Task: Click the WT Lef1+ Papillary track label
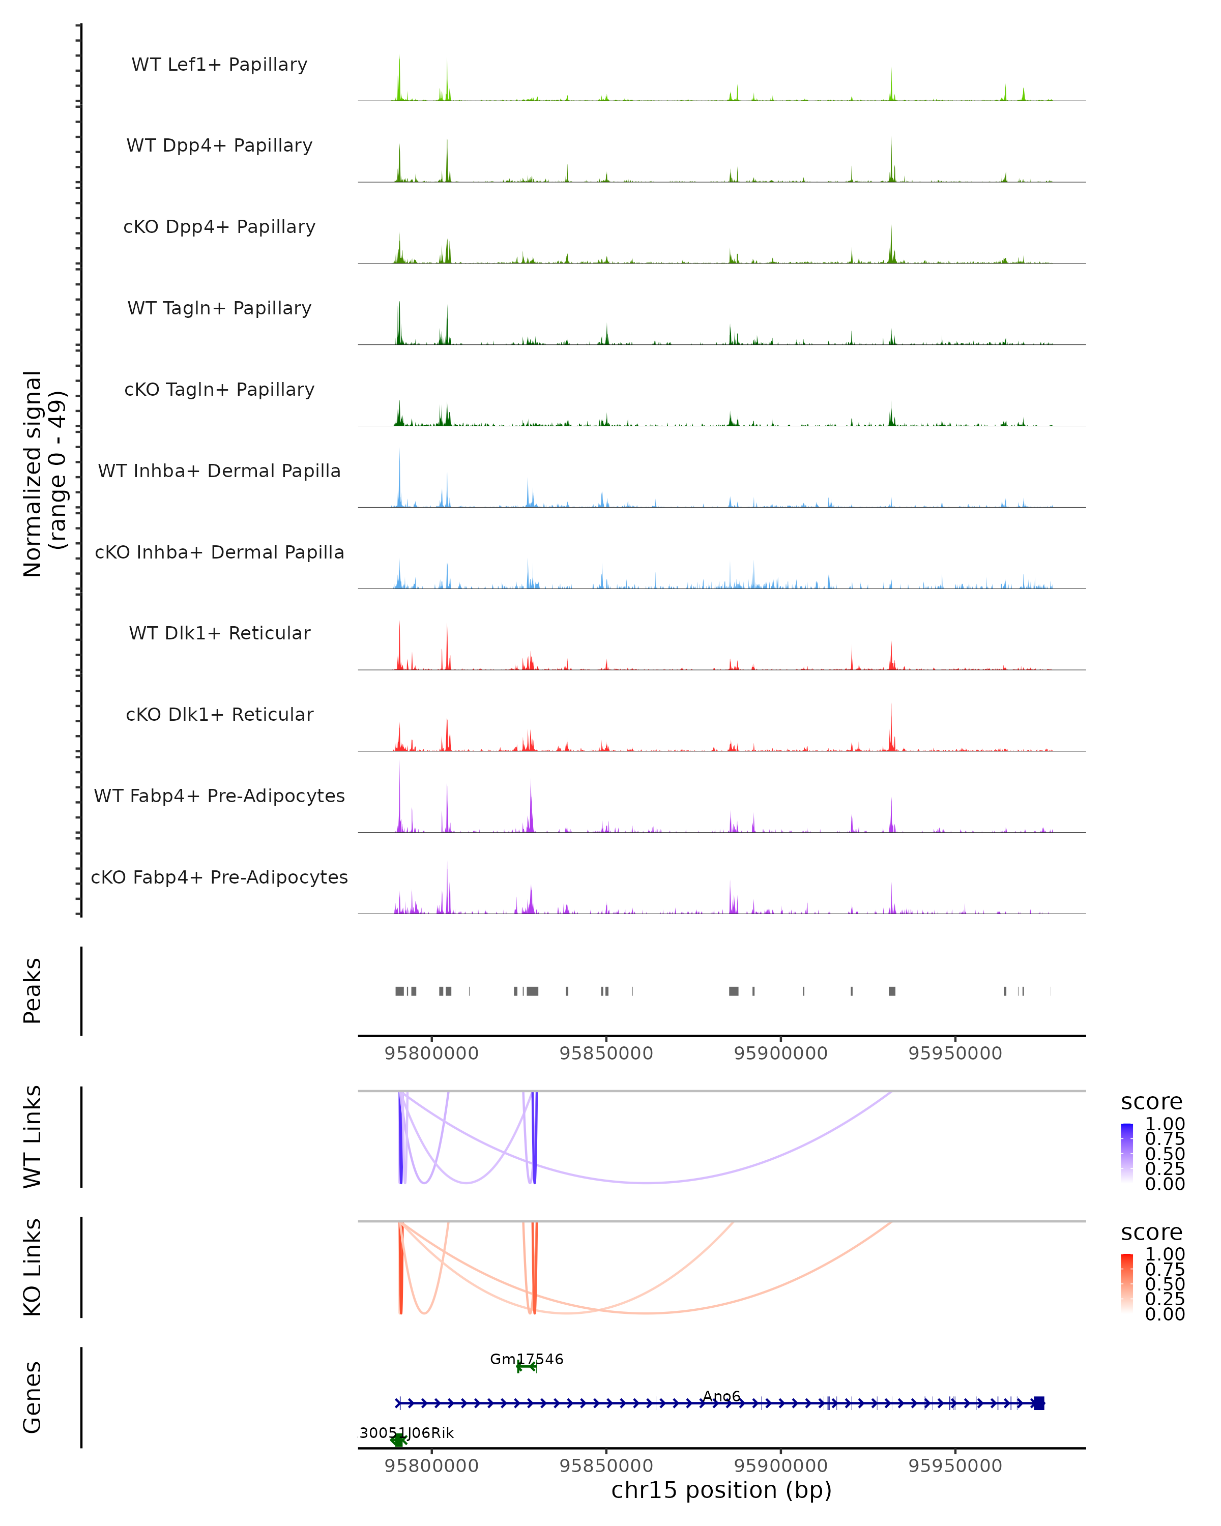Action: click(x=219, y=65)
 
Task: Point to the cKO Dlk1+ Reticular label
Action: click(x=219, y=714)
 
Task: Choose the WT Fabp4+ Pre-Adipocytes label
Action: click(x=219, y=796)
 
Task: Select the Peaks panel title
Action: click(x=33, y=991)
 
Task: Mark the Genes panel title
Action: click(x=33, y=1397)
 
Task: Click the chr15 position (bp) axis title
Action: click(x=721, y=1490)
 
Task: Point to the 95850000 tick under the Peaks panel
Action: click(x=606, y=1053)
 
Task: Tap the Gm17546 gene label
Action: click(x=527, y=1359)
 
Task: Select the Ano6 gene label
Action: click(x=721, y=1396)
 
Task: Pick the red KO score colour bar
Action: click(x=1127, y=1283)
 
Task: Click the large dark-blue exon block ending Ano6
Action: click(x=1038, y=1403)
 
